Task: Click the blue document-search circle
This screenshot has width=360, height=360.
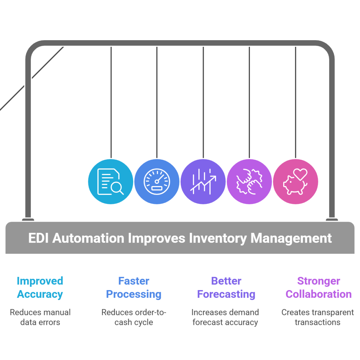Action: (110, 181)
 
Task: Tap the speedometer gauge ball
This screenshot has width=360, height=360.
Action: (157, 181)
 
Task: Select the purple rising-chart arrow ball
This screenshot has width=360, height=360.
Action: (203, 181)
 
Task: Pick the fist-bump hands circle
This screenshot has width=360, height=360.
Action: (249, 181)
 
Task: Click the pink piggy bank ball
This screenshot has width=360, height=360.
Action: (296, 181)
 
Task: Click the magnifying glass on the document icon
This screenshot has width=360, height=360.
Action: (116, 188)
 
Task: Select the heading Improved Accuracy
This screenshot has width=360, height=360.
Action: (40, 287)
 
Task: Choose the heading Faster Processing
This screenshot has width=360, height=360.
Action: (134, 287)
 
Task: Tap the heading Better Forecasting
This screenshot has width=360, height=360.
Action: (226, 287)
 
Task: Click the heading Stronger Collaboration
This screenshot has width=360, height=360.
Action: (318, 287)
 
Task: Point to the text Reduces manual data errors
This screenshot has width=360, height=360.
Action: (40, 317)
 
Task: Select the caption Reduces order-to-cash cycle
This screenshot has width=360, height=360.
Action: (134, 317)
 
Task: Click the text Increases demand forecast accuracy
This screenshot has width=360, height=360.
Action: (225, 317)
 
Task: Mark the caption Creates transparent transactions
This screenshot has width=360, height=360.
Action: (318, 317)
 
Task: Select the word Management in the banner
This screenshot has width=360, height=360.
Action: (291, 238)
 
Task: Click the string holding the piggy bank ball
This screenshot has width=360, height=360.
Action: (296, 102)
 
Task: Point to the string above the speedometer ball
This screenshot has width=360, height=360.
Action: (157, 102)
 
